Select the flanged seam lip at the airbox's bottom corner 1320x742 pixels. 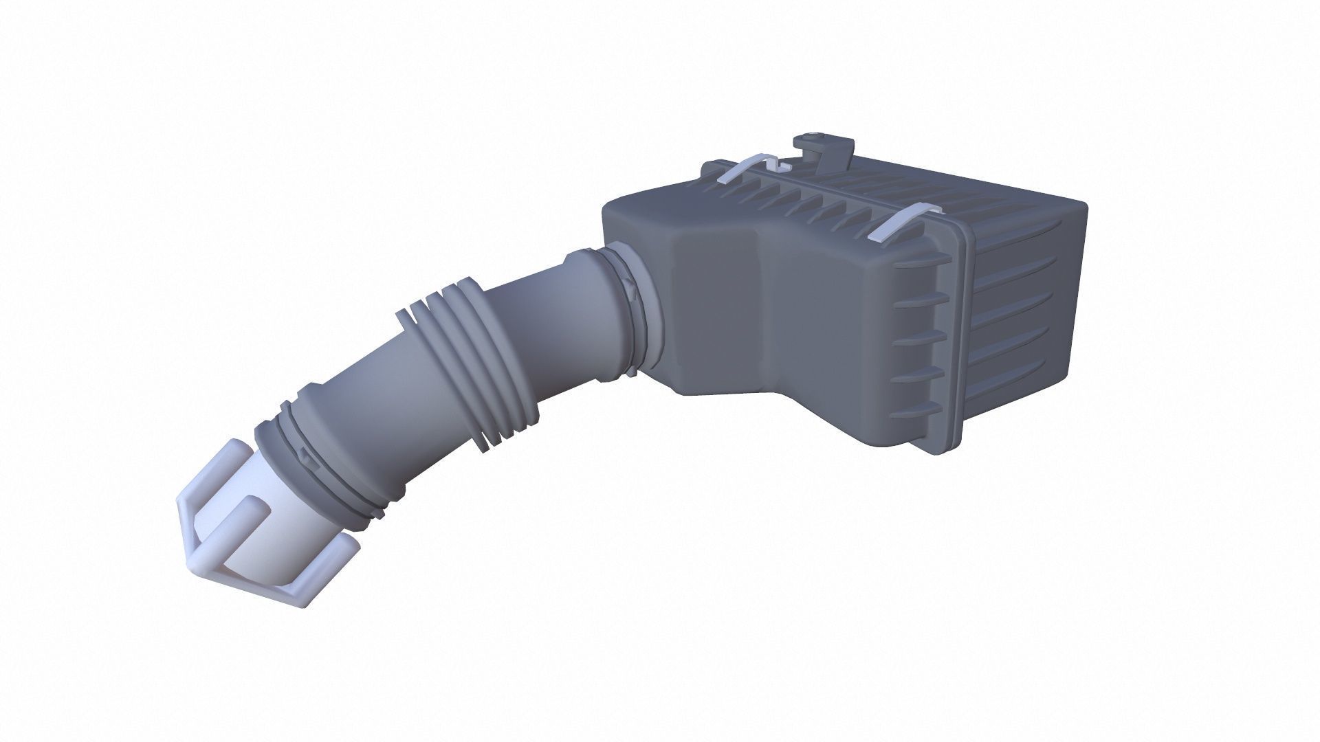(945, 440)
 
